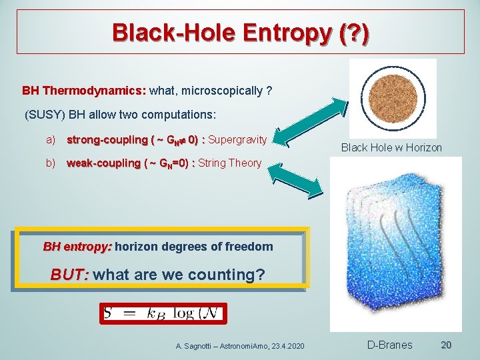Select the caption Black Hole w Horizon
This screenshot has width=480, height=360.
(x=391, y=147)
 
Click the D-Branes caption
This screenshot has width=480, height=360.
(x=390, y=345)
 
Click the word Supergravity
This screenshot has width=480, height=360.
(x=238, y=140)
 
